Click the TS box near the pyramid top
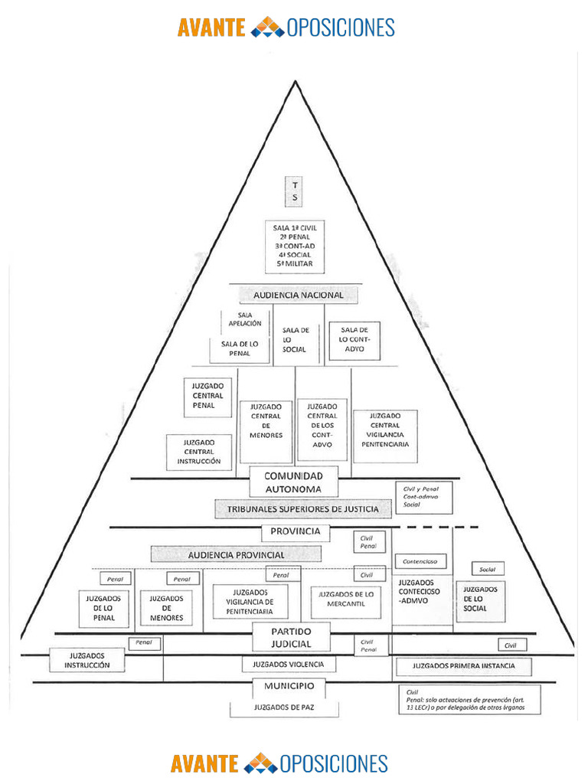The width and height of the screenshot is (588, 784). coord(294,191)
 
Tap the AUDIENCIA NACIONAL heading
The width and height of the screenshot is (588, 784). coord(299,295)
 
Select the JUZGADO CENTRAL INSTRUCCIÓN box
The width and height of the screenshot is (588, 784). coord(199,452)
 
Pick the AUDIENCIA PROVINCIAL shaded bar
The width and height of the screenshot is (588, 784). coord(236,554)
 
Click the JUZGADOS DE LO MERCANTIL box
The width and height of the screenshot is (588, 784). coord(345,599)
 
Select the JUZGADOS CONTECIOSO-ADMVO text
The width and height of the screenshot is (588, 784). coord(420,593)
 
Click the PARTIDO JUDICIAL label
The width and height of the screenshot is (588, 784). coord(291,637)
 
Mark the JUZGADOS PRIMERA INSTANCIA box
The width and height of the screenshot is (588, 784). coord(463,666)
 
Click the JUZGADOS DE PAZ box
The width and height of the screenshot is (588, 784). coord(284,708)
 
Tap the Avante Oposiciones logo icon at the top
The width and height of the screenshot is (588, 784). coord(267,28)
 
